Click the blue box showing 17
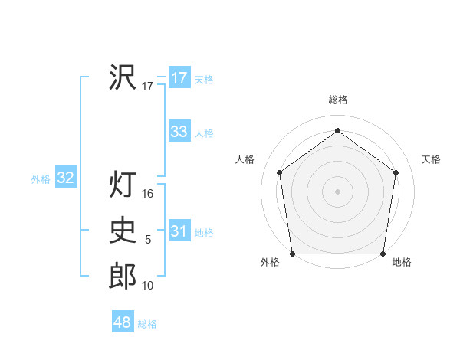pos(179,78)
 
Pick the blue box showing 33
pos(179,132)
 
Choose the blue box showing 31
pos(179,231)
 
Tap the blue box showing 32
pos(66,178)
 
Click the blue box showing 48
pos(122,322)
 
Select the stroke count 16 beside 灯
pos(148,194)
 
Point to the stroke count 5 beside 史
pos(148,240)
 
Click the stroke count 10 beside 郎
pos(148,286)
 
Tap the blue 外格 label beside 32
pos(41,179)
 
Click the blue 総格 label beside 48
pos(147,324)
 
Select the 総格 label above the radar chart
pos(337,100)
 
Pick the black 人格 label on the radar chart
pos(245,159)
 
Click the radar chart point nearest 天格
pos(396,172)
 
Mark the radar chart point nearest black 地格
pos(383,254)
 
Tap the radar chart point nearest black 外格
pos(292,254)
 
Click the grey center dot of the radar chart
pos(337,191)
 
